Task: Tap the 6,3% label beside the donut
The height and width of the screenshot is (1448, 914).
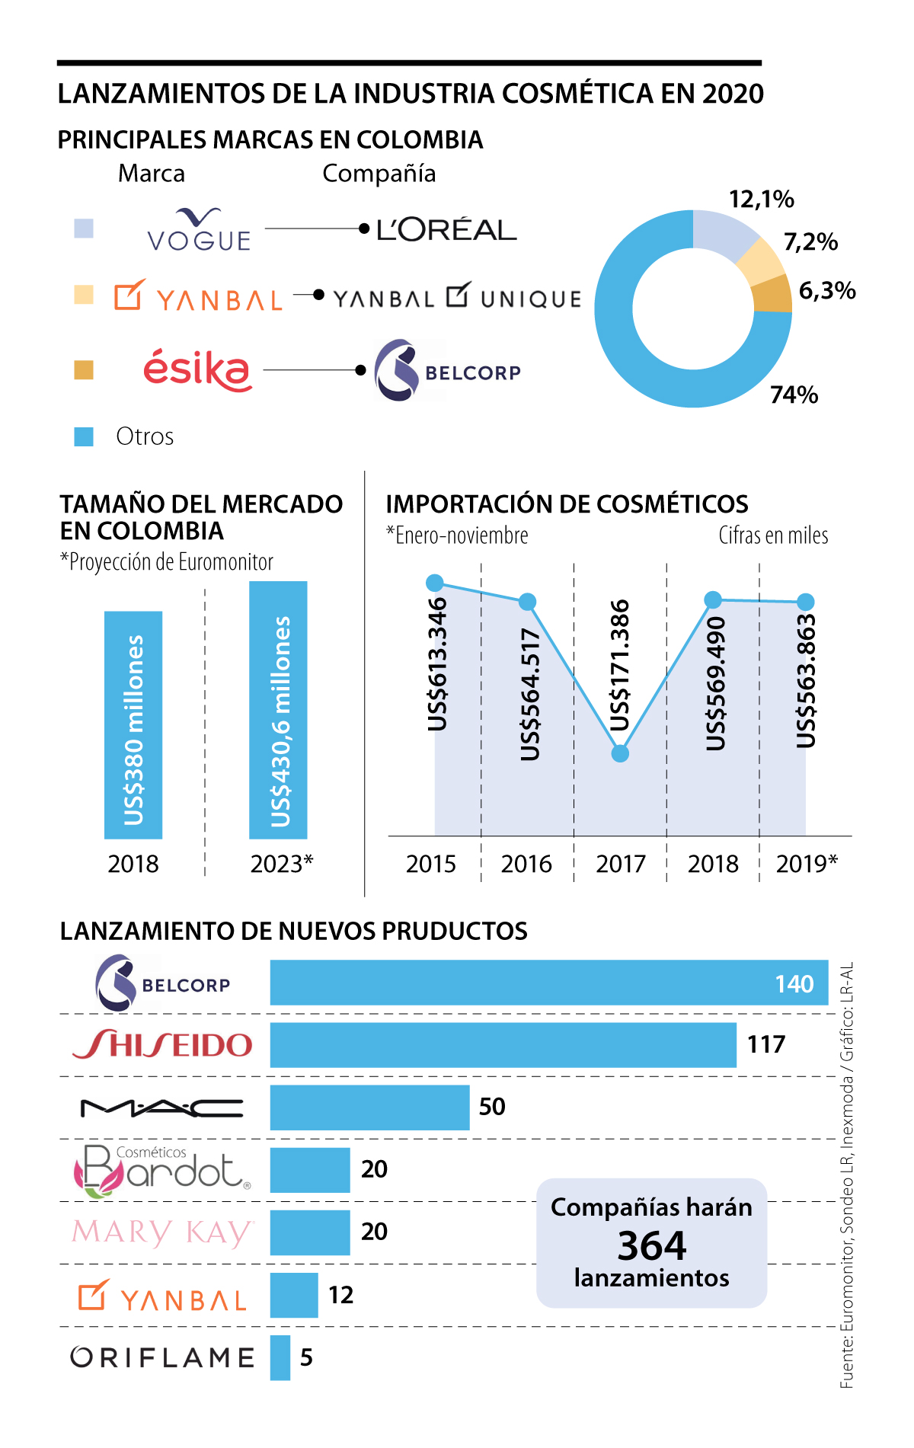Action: click(x=827, y=290)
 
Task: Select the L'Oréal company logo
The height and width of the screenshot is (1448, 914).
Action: click(x=446, y=229)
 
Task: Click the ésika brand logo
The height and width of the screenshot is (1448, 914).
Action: click(x=197, y=370)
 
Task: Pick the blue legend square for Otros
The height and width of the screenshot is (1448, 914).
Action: click(x=84, y=436)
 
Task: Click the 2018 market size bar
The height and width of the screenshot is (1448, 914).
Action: click(x=133, y=724)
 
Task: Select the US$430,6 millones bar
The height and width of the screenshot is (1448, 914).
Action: click(x=278, y=709)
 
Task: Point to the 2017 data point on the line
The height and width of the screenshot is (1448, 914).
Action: click(x=620, y=753)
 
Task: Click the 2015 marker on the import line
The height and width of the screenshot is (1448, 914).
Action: click(x=435, y=583)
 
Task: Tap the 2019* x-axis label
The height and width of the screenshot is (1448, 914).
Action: click(x=807, y=864)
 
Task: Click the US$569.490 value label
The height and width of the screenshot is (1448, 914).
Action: click(x=716, y=682)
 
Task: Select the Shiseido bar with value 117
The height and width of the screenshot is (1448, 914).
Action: click(x=503, y=1044)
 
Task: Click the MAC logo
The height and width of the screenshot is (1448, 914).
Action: click(x=162, y=1108)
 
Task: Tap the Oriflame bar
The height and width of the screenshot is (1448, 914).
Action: click(x=280, y=1357)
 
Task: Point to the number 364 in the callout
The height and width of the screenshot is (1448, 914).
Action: click(x=652, y=1245)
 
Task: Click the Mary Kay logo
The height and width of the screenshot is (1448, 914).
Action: click(x=162, y=1232)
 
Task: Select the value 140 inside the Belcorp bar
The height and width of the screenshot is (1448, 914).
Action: click(x=794, y=983)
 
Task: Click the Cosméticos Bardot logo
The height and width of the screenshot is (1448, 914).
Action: click(x=162, y=1170)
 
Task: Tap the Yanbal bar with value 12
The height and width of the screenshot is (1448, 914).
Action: click(x=294, y=1295)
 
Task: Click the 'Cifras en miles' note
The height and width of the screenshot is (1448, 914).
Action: click(x=773, y=535)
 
